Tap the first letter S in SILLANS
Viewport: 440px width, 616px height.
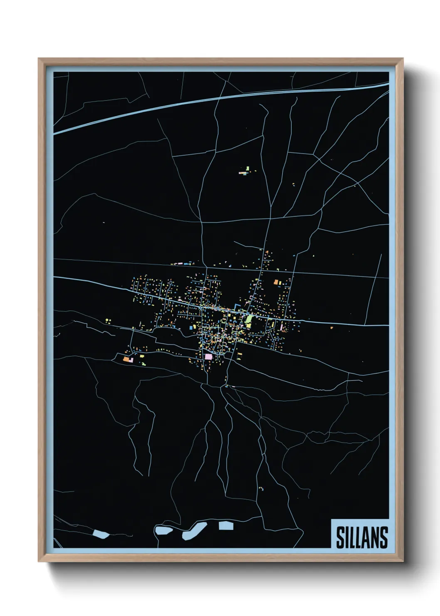point(340,537)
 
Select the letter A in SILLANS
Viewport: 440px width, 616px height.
point(365,537)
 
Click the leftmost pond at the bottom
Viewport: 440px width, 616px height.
point(101,534)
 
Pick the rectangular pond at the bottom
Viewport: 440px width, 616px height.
point(226,525)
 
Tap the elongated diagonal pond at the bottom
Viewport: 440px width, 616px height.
point(195,531)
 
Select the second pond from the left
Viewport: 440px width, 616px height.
point(163,530)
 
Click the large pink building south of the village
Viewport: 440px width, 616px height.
point(208,357)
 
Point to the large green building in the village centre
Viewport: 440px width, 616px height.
point(249,320)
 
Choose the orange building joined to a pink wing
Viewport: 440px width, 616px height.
point(126,359)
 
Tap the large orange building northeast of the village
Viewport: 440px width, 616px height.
point(276,282)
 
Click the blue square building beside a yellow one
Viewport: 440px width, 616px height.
point(191,328)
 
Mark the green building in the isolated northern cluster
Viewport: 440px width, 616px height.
point(247,168)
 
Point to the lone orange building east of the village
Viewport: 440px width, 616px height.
point(331,328)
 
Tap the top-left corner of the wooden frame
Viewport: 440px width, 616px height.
point(40,60)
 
